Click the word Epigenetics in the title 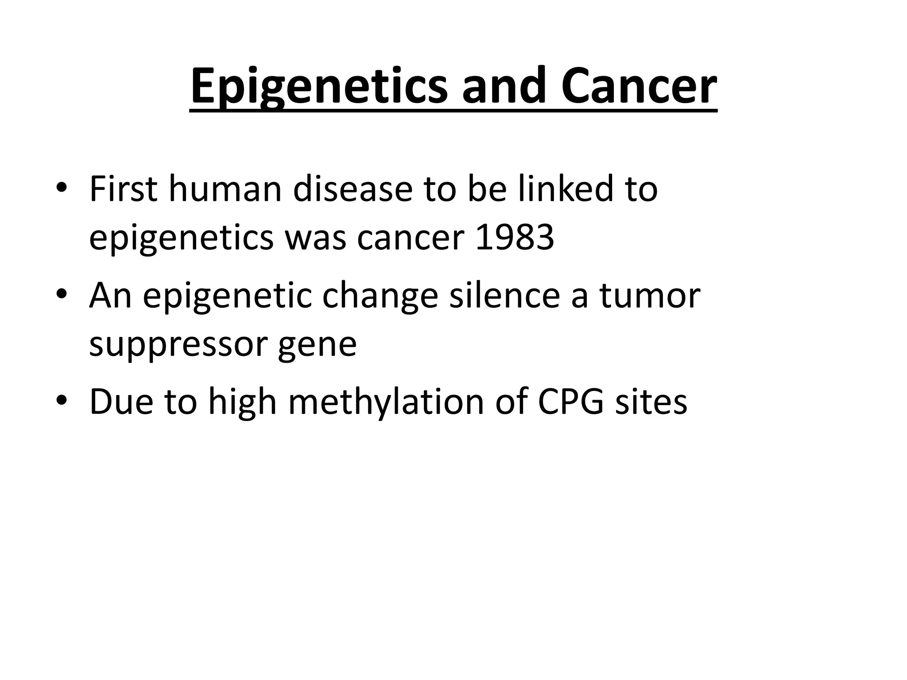pos(319,87)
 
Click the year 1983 pos(514,237)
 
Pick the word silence pos(504,295)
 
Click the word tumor pos(650,295)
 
